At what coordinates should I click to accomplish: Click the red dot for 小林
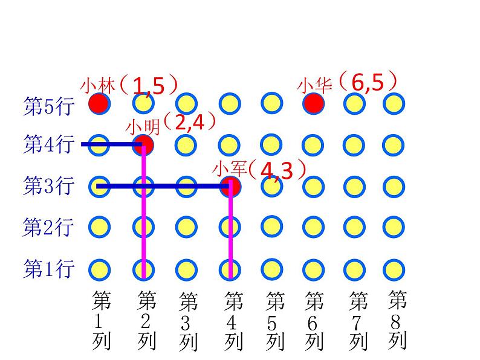[x=99, y=104]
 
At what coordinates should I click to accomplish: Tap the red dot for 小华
[x=313, y=104]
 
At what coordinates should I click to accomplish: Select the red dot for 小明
[x=144, y=144]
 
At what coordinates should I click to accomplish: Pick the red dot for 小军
[x=231, y=186]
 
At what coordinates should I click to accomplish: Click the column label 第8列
[x=397, y=320]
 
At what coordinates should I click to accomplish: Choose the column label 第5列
[x=275, y=321]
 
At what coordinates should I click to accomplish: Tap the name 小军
[x=227, y=169]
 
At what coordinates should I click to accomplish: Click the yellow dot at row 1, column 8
[x=394, y=268]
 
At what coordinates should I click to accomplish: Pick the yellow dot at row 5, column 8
[x=394, y=104]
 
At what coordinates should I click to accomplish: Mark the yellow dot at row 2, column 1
[x=100, y=227]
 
